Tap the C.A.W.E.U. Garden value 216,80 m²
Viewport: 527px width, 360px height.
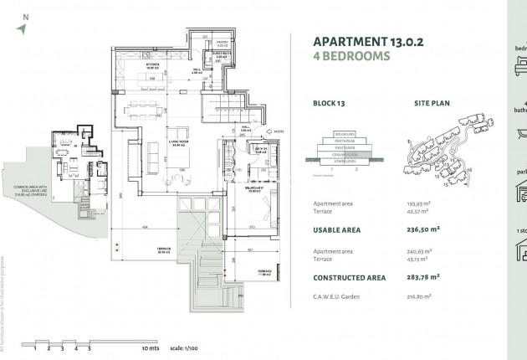point(419,296)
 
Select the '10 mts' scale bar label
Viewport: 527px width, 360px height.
point(150,346)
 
